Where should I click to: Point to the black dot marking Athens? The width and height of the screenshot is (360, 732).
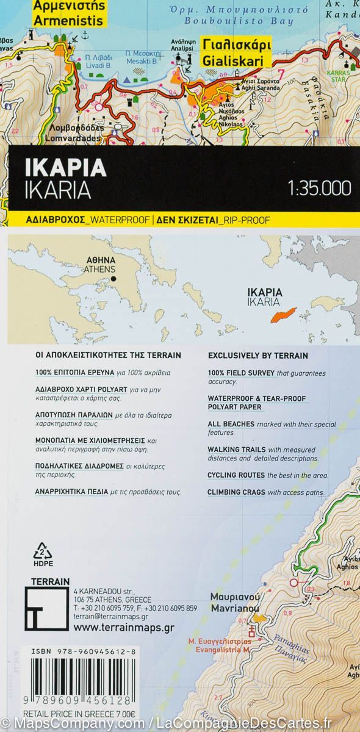click(114, 279)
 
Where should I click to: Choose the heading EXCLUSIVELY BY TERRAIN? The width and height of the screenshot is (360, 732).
click(258, 356)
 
